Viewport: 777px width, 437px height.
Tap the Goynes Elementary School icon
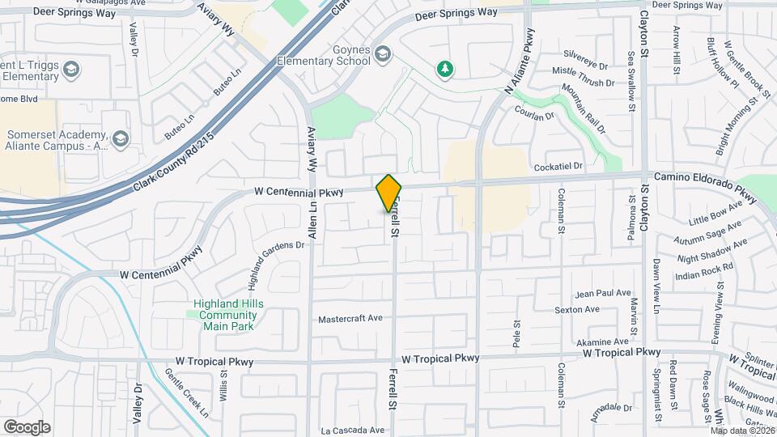click(382, 54)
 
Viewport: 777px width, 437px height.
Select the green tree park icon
click(444, 70)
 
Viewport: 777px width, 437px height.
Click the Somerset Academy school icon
click(121, 140)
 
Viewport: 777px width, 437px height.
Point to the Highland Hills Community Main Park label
click(223, 315)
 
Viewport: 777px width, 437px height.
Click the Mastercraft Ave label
click(350, 318)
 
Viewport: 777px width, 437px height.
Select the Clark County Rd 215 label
click(174, 163)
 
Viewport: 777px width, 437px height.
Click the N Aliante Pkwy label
click(520, 62)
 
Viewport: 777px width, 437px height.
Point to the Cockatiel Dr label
click(558, 166)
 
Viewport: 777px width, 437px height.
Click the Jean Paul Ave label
click(602, 293)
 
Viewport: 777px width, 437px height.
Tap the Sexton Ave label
click(576, 309)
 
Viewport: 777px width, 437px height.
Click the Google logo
click(27, 427)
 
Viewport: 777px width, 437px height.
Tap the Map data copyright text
click(742, 431)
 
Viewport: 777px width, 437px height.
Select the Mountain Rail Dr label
click(583, 109)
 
